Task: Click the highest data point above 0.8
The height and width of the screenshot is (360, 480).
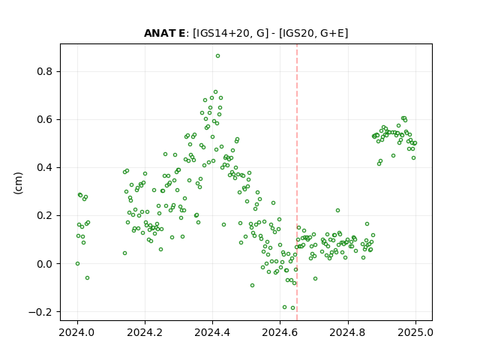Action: [x=217, y=56]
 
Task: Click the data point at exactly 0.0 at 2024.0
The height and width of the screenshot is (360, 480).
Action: [x=77, y=263]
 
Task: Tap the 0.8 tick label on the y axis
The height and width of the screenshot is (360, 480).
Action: [x=45, y=72]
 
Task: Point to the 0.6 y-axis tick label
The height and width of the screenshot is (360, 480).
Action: [x=45, y=120]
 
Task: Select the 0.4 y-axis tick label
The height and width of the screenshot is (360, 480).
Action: [x=45, y=168]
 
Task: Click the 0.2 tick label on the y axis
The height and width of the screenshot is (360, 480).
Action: [x=45, y=216]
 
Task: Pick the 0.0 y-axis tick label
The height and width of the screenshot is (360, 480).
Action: [x=45, y=264]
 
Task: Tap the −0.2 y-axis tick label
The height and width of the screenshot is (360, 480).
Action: [x=40, y=312]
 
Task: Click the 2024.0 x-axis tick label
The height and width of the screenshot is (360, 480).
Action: [x=77, y=332]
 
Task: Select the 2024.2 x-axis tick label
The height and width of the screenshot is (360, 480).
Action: [x=145, y=332]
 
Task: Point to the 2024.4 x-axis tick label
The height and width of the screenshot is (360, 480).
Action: [x=212, y=332]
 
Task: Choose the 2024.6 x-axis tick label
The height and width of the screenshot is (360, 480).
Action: [x=280, y=332]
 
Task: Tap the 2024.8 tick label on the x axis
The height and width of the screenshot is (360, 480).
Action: [x=348, y=332]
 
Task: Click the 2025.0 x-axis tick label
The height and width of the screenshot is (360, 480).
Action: [x=415, y=332]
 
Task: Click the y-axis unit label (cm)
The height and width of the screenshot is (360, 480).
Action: [x=18, y=183]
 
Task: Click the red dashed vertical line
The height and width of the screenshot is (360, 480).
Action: [x=297, y=182]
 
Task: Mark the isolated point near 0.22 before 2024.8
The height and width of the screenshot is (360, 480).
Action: [x=337, y=210]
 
